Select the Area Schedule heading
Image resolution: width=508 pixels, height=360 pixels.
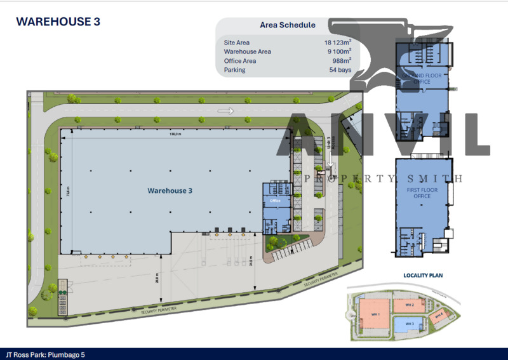point(288,25)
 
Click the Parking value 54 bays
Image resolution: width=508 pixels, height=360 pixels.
point(340,70)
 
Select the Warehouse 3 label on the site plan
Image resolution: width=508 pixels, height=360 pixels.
point(170,190)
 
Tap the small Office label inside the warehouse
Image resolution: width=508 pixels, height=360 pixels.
point(275,201)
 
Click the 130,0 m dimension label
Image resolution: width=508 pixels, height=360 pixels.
point(175,134)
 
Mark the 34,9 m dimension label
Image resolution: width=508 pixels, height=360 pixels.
point(251,260)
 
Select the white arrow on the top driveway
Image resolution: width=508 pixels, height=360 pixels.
point(225,111)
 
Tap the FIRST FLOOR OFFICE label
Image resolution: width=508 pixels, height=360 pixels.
point(422,192)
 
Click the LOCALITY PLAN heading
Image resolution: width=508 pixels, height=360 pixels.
point(422,276)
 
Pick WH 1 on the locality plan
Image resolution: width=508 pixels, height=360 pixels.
point(375,314)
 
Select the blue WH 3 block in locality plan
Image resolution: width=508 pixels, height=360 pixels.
point(409,324)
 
